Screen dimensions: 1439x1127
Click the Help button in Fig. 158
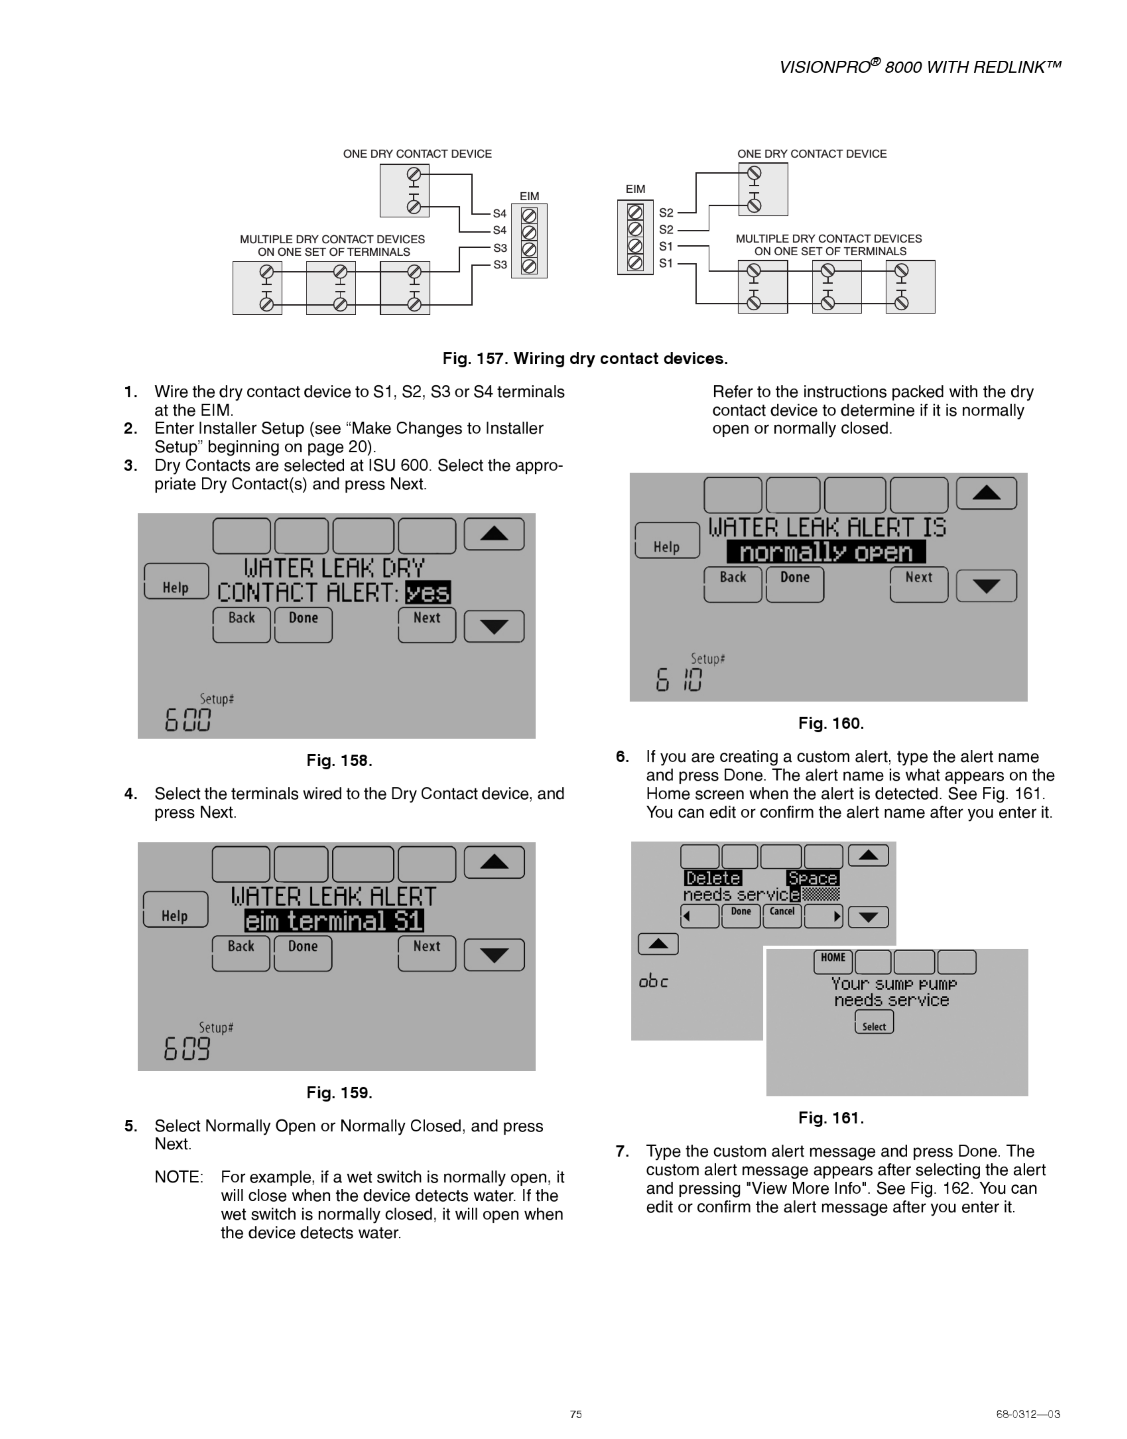(176, 582)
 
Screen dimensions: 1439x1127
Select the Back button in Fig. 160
(733, 584)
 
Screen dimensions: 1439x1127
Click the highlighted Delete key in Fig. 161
(713, 878)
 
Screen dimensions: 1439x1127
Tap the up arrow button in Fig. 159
(494, 862)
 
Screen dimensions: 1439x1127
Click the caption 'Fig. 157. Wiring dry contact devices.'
(585, 358)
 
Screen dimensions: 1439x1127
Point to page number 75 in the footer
(575, 1414)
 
